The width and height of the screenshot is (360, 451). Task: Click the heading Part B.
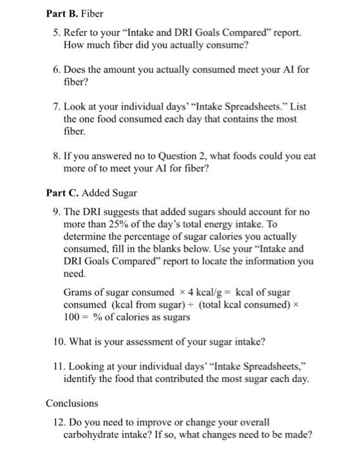61,13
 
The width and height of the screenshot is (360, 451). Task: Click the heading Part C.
61,193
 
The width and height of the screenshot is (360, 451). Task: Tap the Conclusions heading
71,403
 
